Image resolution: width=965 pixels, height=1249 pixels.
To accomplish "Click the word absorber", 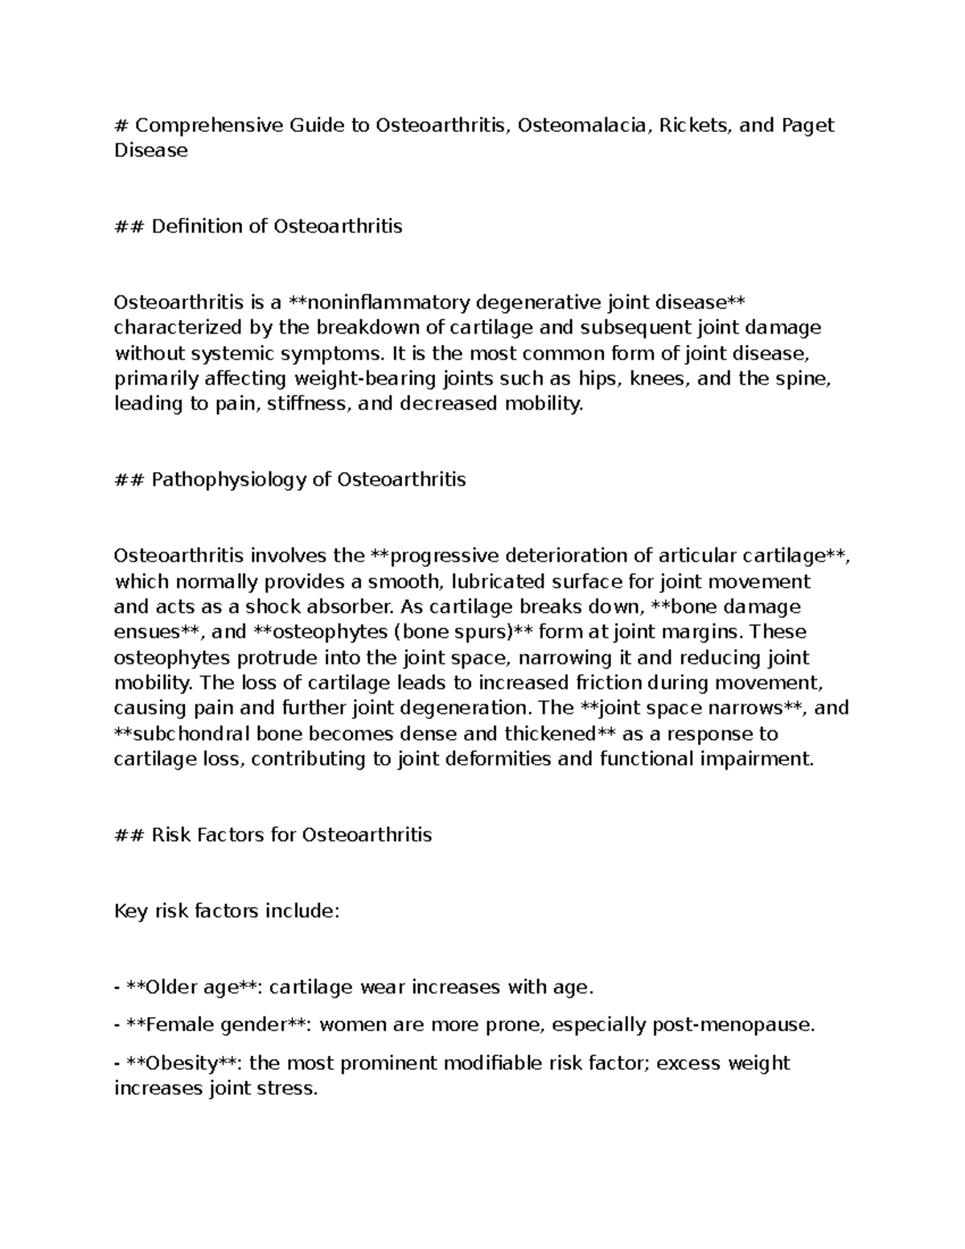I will (x=347, y=607).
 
